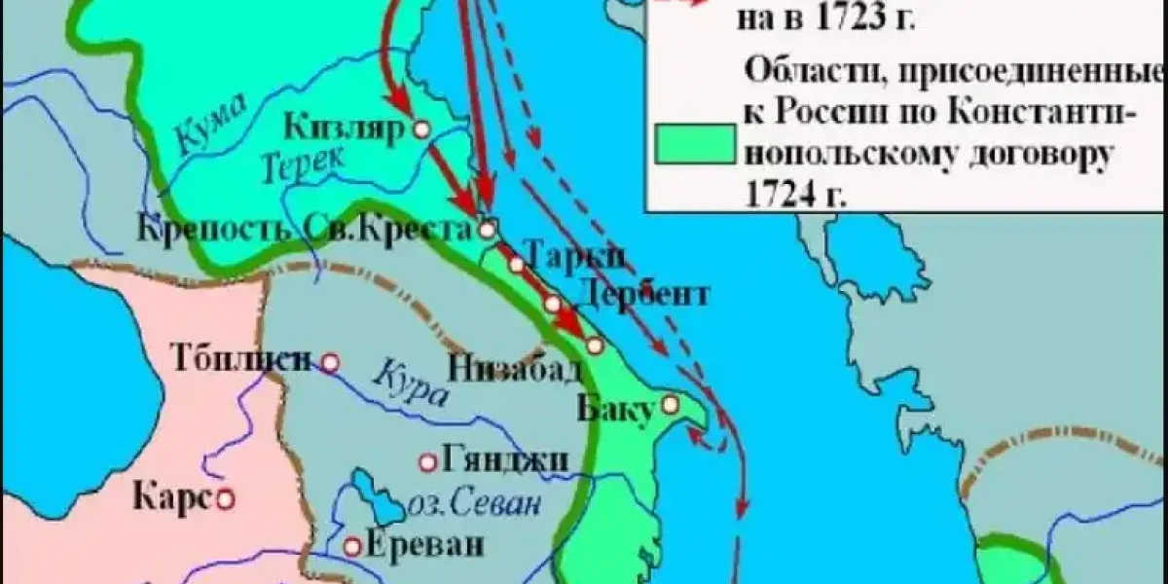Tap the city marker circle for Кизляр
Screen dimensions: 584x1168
421,128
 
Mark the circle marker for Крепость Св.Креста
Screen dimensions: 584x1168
488,230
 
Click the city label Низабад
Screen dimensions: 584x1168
516,369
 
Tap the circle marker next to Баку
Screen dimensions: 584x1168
670,404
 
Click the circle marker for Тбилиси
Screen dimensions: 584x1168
330,363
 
